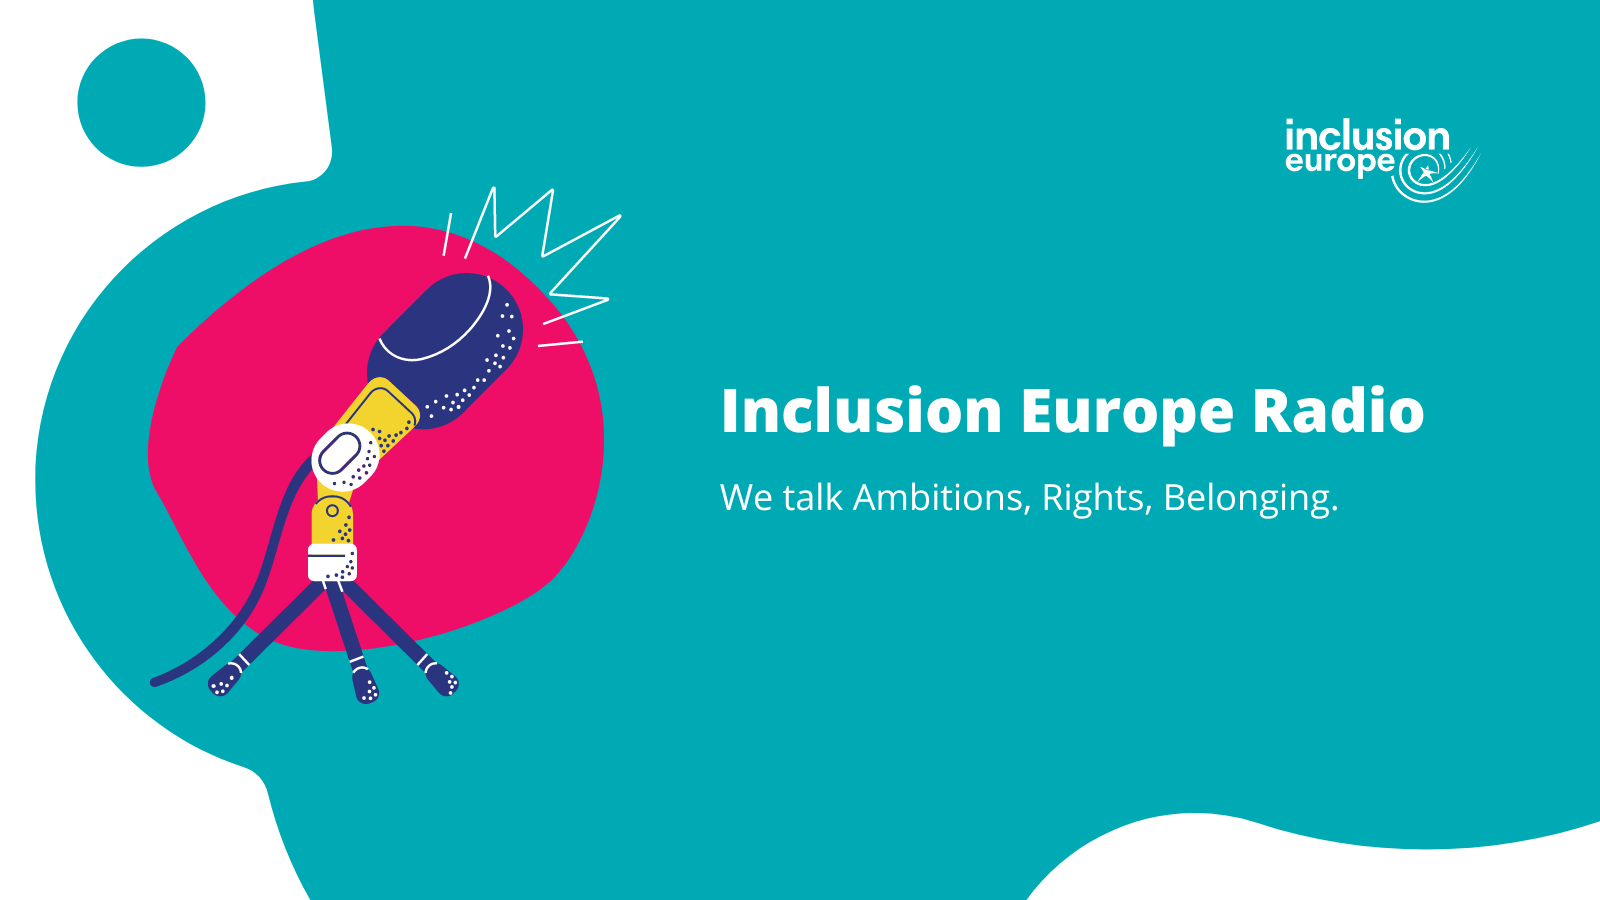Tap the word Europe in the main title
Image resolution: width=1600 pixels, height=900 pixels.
click(1126, 413)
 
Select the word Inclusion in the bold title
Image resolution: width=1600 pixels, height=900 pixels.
click(861, 411)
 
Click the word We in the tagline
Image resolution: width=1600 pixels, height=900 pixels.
click(746, 498)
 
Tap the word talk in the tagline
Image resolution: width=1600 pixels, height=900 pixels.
click(812, 498)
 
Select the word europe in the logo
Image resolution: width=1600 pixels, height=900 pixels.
click(1339, 163)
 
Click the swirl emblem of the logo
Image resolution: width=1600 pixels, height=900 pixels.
click(1432, 174)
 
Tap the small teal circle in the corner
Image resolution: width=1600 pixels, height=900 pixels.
click(141, 103)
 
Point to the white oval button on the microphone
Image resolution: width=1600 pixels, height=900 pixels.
click(340, 455)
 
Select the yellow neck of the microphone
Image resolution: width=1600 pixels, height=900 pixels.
click(380, 410)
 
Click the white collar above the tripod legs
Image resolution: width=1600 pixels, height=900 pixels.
click(332, 562)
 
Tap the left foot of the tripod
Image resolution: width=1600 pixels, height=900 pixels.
click(224, 681)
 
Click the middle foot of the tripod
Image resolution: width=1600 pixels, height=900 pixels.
click(365, 687)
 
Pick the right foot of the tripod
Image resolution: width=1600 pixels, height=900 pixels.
click(442, 680)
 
